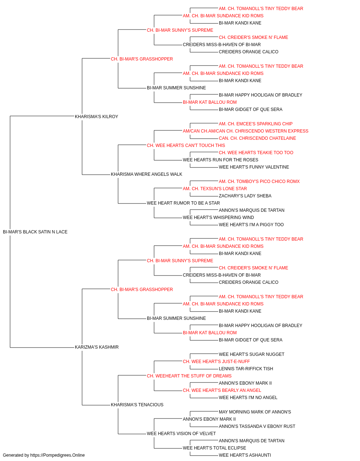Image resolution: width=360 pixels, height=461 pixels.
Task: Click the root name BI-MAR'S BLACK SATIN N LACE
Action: pyautogui.click(x=35, y=232)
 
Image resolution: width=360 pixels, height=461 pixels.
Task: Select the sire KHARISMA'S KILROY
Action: pyautogui.click(x=96, y=117)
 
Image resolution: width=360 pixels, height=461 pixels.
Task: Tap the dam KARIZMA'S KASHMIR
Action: pyautogui.click(x=97, y=347)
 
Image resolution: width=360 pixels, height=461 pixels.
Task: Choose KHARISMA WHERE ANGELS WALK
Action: pyautogui.click(x=147, y=174)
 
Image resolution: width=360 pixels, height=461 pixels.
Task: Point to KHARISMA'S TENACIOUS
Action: pyautogui.click(x=137, y=405)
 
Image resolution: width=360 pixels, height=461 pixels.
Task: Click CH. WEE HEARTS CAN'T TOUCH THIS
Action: pyautogui.click(x=186, y=146)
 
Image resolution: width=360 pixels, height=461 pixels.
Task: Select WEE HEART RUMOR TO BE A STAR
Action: pyautogui.click(x=183, y=203)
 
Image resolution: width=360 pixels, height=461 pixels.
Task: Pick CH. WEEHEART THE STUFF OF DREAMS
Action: pyautogui.click(x=189, y=376)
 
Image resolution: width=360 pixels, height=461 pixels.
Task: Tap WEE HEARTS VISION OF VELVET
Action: pyautogui.click(x=181, y=434)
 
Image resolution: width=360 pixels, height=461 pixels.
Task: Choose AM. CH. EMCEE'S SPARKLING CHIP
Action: pyautogui.click(x=256, y=124)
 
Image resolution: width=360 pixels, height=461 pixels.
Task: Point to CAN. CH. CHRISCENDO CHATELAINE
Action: pyautogui.click(x=257, y=138)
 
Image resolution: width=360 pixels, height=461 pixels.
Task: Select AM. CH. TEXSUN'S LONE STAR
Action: pyautogui.click(x=215, y=189)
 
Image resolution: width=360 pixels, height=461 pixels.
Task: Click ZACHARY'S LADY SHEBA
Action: pyautogui.click(x=245, y=196)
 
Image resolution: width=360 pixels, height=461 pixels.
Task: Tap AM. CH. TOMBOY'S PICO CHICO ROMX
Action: pyautogui.click(x=259, y=182)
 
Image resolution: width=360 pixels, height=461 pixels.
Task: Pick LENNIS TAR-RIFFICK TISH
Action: pyautogui.click(x=246, y=369)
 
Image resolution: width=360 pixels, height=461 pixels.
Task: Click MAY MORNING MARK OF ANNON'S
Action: pyautogui.click(x=255, y=412)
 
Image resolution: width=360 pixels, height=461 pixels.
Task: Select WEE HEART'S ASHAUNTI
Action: pyautogui.click(x=245, y=455)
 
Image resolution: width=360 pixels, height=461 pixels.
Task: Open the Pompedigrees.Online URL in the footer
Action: pyautogui.click(x=58, y=455)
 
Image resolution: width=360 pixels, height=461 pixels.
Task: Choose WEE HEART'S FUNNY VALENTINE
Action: pyautogui.click(x=254, y=167)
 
